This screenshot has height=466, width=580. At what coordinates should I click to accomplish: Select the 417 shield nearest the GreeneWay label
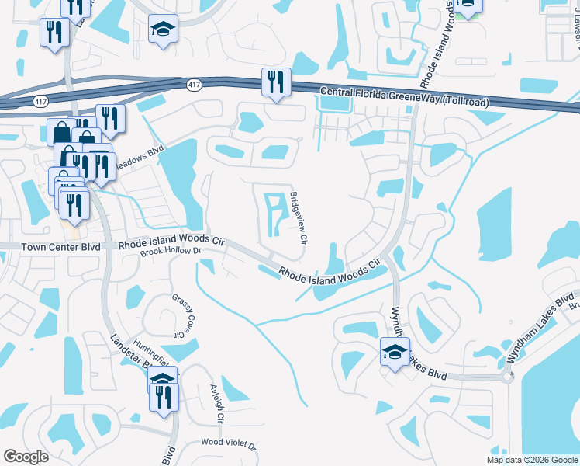pyautogui.click(x=194, y=84)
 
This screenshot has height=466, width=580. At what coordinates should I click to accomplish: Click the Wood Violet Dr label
pyautogui.click(x=229, y=443)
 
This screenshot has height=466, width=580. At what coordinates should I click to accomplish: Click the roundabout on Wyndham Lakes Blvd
pyautogui.click(x=508, y=377)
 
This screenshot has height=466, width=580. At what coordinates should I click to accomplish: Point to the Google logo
pyautogui.click(x=26, y=457)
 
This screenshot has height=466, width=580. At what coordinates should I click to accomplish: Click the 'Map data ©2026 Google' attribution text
pyautogui.click(x=532, y=460)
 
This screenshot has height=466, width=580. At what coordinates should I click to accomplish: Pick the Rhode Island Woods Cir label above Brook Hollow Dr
pyautogui.click(x=171, y=242)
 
